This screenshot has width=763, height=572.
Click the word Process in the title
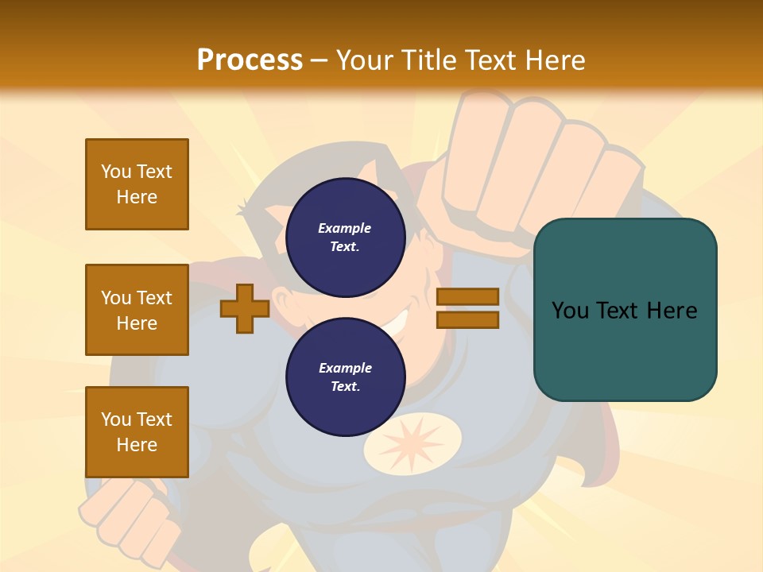250,60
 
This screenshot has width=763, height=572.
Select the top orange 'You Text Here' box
137,184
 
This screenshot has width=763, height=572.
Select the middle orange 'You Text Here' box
137,310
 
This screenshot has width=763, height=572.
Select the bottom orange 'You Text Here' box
137,431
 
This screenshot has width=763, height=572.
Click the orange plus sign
245,308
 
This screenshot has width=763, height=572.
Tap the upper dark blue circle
346,237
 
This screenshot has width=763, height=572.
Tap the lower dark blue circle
346,377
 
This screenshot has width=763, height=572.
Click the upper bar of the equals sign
467,296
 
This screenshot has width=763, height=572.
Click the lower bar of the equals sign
467,320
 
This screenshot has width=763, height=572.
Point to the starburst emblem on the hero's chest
413,446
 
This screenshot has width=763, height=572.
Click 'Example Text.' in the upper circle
345,237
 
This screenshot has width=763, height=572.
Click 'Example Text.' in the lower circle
345,377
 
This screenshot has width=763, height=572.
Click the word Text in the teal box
622,310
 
